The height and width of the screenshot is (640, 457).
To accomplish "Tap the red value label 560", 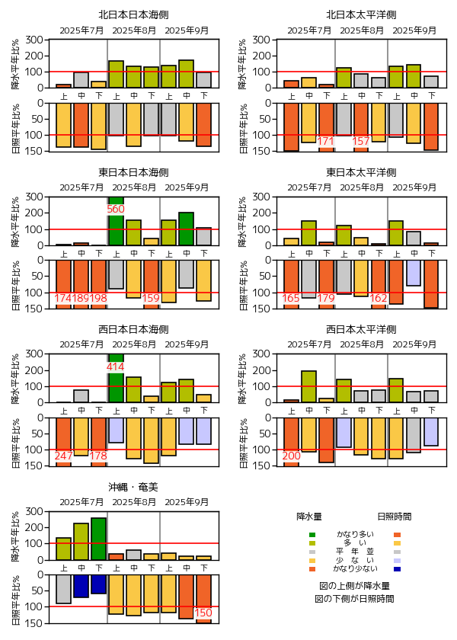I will point(116,209).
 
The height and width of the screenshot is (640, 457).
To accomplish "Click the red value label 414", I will point(116,366).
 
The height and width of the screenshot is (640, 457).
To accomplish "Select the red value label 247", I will point(63,456).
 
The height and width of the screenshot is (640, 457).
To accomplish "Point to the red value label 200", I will point(291,456).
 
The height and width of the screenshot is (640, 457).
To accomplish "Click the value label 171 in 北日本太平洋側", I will point(326,141).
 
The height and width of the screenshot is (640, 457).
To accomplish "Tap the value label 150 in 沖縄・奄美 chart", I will point(203,613).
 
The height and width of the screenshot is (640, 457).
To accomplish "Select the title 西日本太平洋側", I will point(360,329).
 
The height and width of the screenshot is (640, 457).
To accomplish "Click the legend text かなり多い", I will point(355,534).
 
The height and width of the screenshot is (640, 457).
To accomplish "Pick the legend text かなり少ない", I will point(355,569).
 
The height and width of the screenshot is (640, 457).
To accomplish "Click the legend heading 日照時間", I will point(395,516).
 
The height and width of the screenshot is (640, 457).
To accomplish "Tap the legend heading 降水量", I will point(308,516).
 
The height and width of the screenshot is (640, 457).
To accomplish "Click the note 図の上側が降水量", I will point(355,586).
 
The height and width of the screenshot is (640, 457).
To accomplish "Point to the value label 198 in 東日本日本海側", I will point(98,298).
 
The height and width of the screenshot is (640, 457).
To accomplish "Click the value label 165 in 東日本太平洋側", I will point(291,298).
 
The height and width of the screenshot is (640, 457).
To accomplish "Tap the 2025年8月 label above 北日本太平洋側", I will point(361,30).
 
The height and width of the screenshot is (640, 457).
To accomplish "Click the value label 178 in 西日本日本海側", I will point(98,456).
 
